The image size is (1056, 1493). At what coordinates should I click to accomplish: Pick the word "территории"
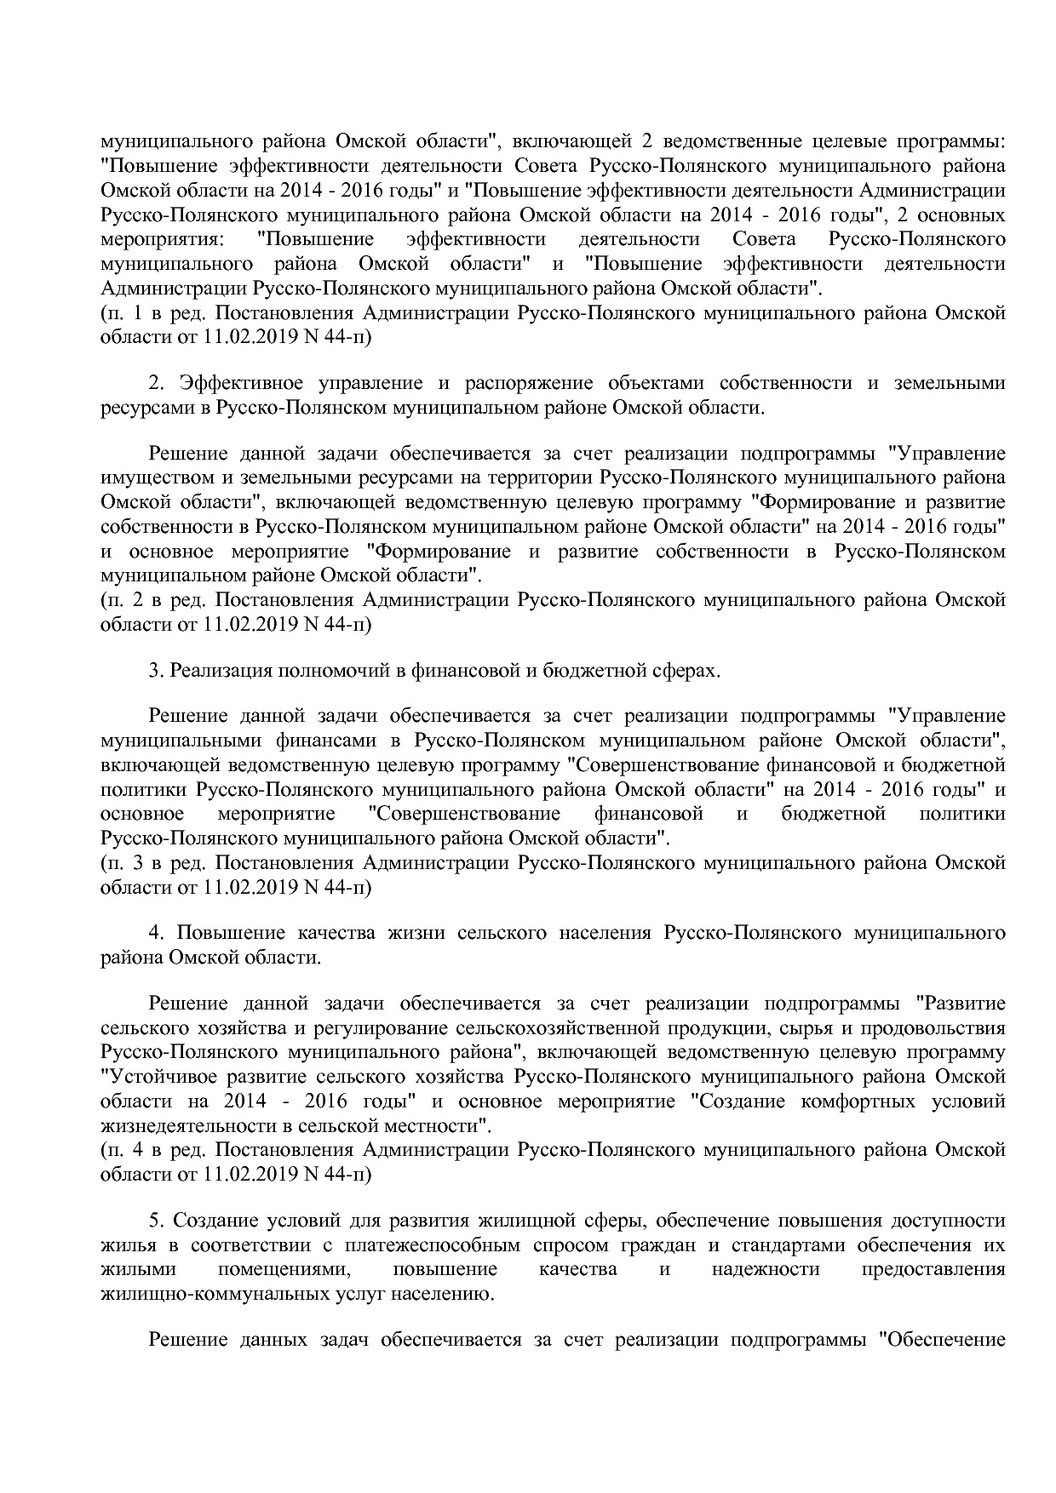click(x=548, y=478)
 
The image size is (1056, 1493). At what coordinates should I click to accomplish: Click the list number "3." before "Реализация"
click(x=156, y=671)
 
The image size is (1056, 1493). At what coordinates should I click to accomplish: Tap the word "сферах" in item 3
click(x=688, y=671)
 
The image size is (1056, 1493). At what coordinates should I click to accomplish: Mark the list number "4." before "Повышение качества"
click(x=156, y=933)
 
